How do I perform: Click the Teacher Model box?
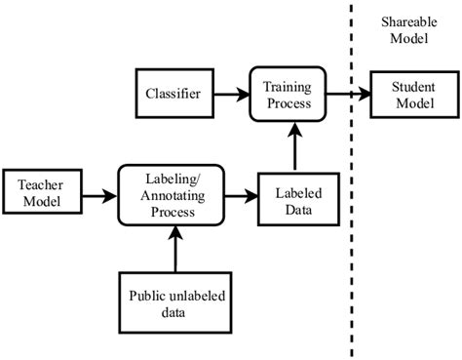[x=35, y=193]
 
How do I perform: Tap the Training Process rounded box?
[x=284, y=95]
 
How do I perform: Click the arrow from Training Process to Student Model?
[x=345, y=95]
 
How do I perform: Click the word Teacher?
[x=36, y=184]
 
